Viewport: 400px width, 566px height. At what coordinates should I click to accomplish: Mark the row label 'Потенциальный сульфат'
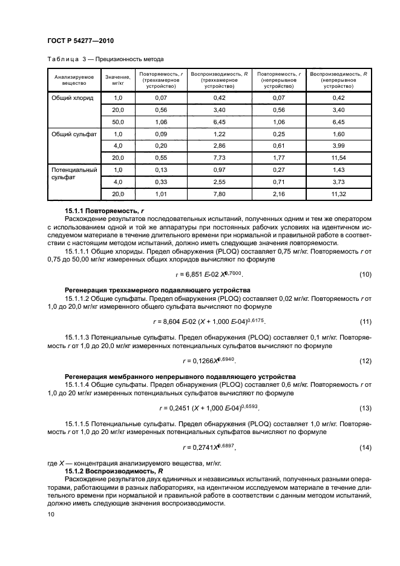[73, 174]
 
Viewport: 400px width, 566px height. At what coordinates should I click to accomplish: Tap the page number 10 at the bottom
[51, 514]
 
